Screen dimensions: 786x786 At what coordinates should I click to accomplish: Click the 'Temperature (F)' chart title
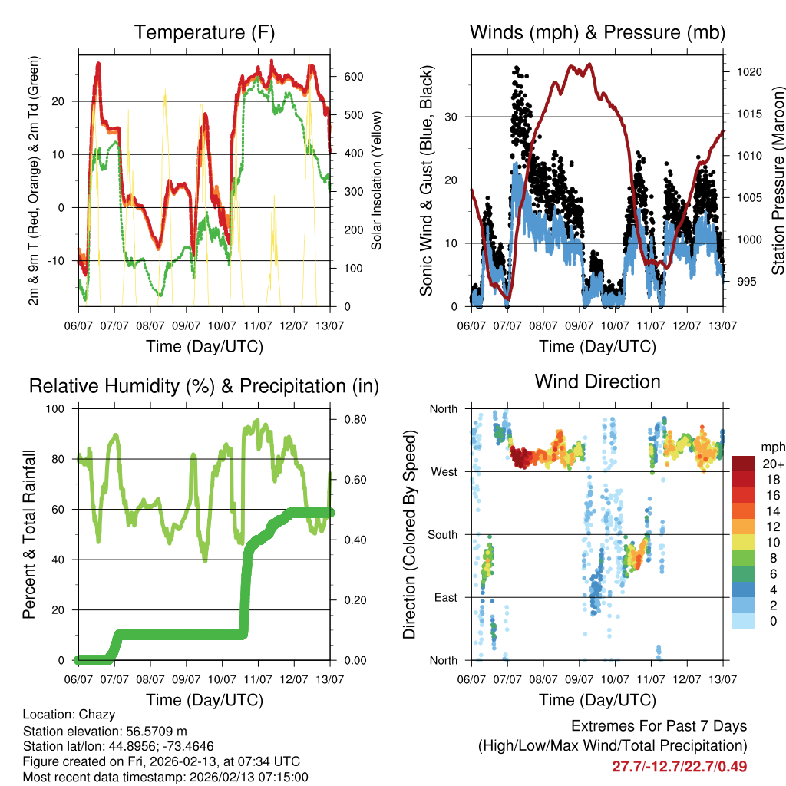pos(204,32)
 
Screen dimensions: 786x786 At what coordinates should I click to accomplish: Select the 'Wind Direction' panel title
pos(597,381)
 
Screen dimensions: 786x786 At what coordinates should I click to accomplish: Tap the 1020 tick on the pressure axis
pos(748,72)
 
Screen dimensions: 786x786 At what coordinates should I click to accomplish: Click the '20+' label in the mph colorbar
pos(771,464)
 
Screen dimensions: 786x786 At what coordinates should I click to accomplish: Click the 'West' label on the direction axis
pos(444,471)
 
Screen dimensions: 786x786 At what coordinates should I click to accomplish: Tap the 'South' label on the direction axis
pos(443,534)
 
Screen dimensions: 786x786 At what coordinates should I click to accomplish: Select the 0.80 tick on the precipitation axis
pos(352,419)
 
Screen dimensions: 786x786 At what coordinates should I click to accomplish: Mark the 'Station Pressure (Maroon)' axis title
pos(778,180)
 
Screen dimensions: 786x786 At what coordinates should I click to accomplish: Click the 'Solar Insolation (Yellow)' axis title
pos(377,180)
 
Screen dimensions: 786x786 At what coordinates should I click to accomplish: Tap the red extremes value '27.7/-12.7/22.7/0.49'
pos(679,766)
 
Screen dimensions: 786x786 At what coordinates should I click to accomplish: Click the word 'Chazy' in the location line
pos(92,715)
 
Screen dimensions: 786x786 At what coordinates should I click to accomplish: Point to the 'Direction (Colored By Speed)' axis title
pos(409,534)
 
